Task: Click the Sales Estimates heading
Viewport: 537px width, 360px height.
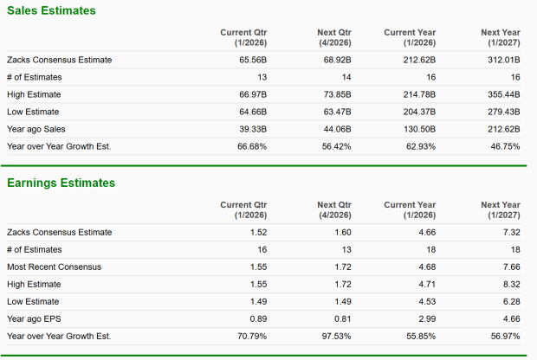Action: [x=51, y=10]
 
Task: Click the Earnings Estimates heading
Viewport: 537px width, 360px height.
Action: [x=61, y=183]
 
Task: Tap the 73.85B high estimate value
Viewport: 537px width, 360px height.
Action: [x=338, y=94]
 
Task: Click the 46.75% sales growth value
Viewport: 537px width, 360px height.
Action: [x=506, y=146]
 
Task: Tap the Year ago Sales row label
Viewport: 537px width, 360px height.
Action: [x=36, y=129]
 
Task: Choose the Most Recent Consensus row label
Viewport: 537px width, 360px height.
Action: [x=54, y=266]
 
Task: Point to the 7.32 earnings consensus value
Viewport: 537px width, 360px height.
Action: [x=512, y=232]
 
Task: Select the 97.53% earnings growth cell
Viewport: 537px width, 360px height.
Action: [x=337, y=335]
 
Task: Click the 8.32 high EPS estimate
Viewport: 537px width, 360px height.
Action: [x=512, y=283]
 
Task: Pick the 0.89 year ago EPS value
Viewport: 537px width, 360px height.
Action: [x=258, y=318]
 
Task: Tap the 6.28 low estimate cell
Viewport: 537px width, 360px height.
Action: [x=512, y=300]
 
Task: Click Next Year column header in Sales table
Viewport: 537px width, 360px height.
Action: [x=501, y=37]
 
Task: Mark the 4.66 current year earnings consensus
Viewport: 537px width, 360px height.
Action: [x=427, y=232]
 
